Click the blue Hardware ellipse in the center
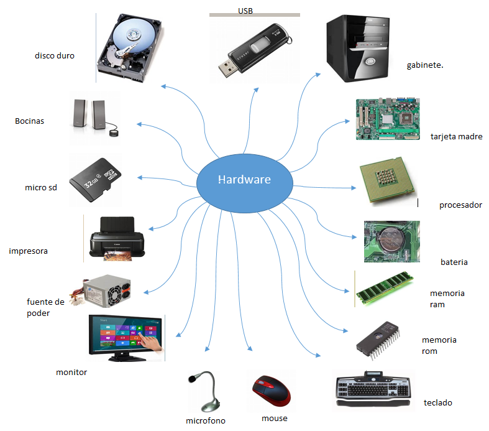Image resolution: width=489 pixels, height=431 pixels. tap(244, 180)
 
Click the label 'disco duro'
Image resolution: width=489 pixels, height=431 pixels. tap(55, 55)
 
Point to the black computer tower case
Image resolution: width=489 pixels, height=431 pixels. tap(359, 50)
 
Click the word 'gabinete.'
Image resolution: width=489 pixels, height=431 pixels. tap(424, 65)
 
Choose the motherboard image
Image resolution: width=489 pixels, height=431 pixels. tap(386, 119)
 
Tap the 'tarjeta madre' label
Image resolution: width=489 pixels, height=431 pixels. tap(456, 137)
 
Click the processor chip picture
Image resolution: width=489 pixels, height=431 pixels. tap(385, 185)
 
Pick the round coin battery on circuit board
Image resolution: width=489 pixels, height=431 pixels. tap(392, 240)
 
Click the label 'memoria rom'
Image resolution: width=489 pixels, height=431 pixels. tap(439, 345)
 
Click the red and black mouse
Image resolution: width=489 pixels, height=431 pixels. tap(272, 391)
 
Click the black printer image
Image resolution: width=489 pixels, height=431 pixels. tap(117, 239)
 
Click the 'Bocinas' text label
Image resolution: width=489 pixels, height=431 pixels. tap(30, 121)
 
